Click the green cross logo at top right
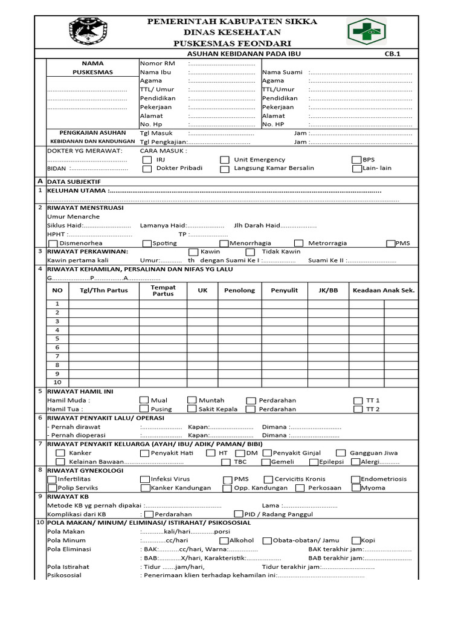coord(367,32)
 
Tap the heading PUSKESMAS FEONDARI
coord(232,44)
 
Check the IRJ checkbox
coord(147,160)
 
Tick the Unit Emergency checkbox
coord(225,160)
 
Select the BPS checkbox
coord(356,160)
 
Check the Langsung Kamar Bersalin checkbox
coord(225,169)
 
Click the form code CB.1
coord(393,54)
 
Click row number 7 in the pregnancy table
coord(57,356)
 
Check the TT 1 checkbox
coord(356,400)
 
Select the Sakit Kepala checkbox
coord(192,409)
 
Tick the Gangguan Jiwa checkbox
coord(341,453)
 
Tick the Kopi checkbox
coord(355,540)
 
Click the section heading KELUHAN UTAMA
coord(77,190)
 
